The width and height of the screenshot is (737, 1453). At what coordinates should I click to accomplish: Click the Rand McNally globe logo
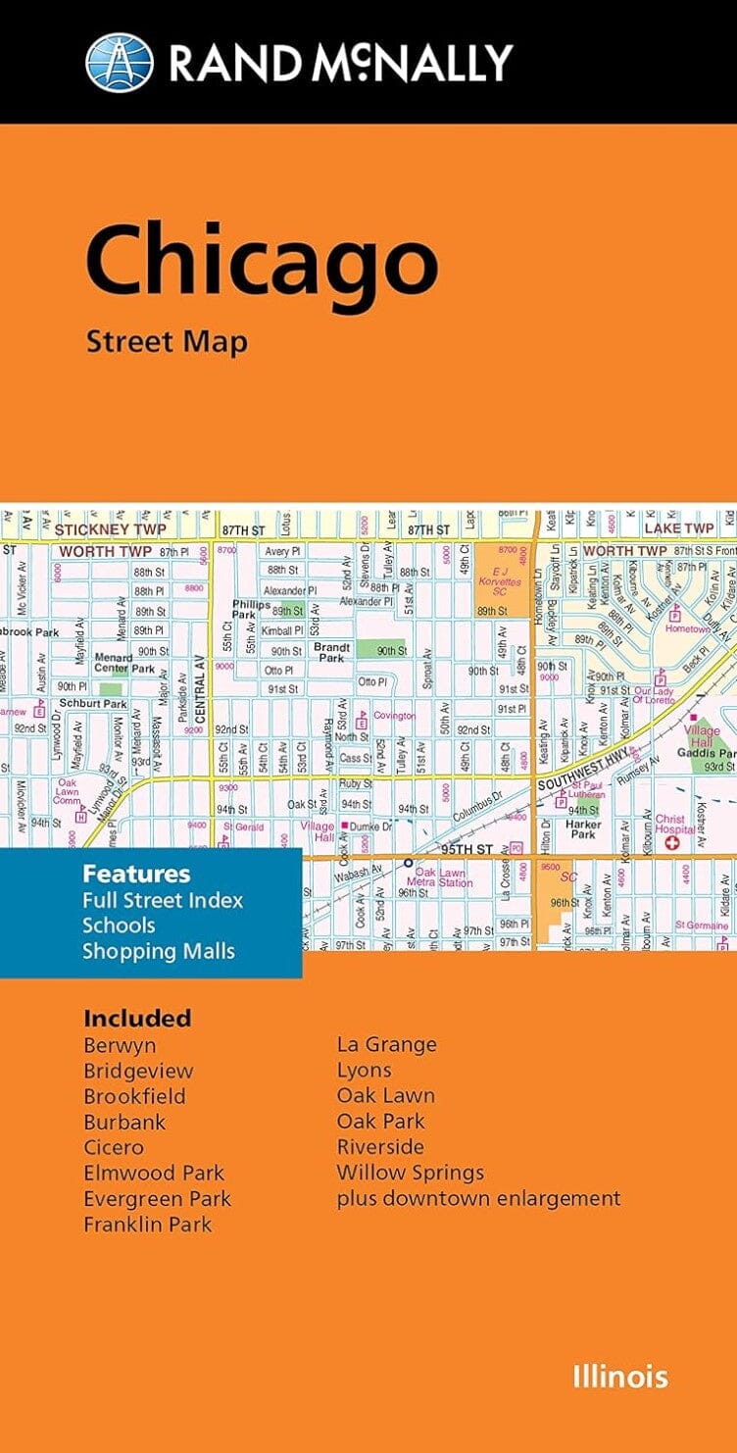[120, 63]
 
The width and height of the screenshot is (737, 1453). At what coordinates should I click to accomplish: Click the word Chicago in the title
[261, 262]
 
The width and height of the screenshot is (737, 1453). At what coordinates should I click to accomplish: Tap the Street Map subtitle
[167, 341]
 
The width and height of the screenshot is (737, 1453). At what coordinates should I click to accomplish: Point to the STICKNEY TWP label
[99, 529]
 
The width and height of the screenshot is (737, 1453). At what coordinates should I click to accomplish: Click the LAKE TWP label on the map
[678, 528]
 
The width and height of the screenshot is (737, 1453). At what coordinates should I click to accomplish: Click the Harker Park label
[582, 828]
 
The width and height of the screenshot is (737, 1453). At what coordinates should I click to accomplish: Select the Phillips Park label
[251, 611]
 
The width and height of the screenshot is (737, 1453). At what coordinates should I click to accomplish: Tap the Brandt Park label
[329, 652]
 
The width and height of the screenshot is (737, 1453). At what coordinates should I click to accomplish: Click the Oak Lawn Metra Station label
[444, 877]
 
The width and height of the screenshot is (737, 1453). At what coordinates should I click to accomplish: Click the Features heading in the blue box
[136, 874]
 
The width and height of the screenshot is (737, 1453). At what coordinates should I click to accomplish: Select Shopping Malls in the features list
[159, 950]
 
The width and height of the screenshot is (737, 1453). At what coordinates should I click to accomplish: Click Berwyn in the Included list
[120, 1045]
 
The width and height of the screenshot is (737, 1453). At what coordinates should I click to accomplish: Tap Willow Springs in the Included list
[410, 1173]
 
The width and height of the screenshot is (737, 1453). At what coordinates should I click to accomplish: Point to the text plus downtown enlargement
[478, 1198]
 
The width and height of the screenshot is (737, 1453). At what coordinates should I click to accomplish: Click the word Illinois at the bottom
[620, 1377]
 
